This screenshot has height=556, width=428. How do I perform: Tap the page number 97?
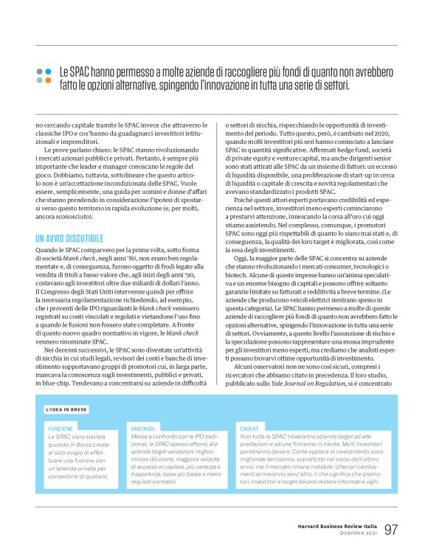coord(390,529)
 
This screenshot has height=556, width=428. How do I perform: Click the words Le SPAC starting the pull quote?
coord(74,72)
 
